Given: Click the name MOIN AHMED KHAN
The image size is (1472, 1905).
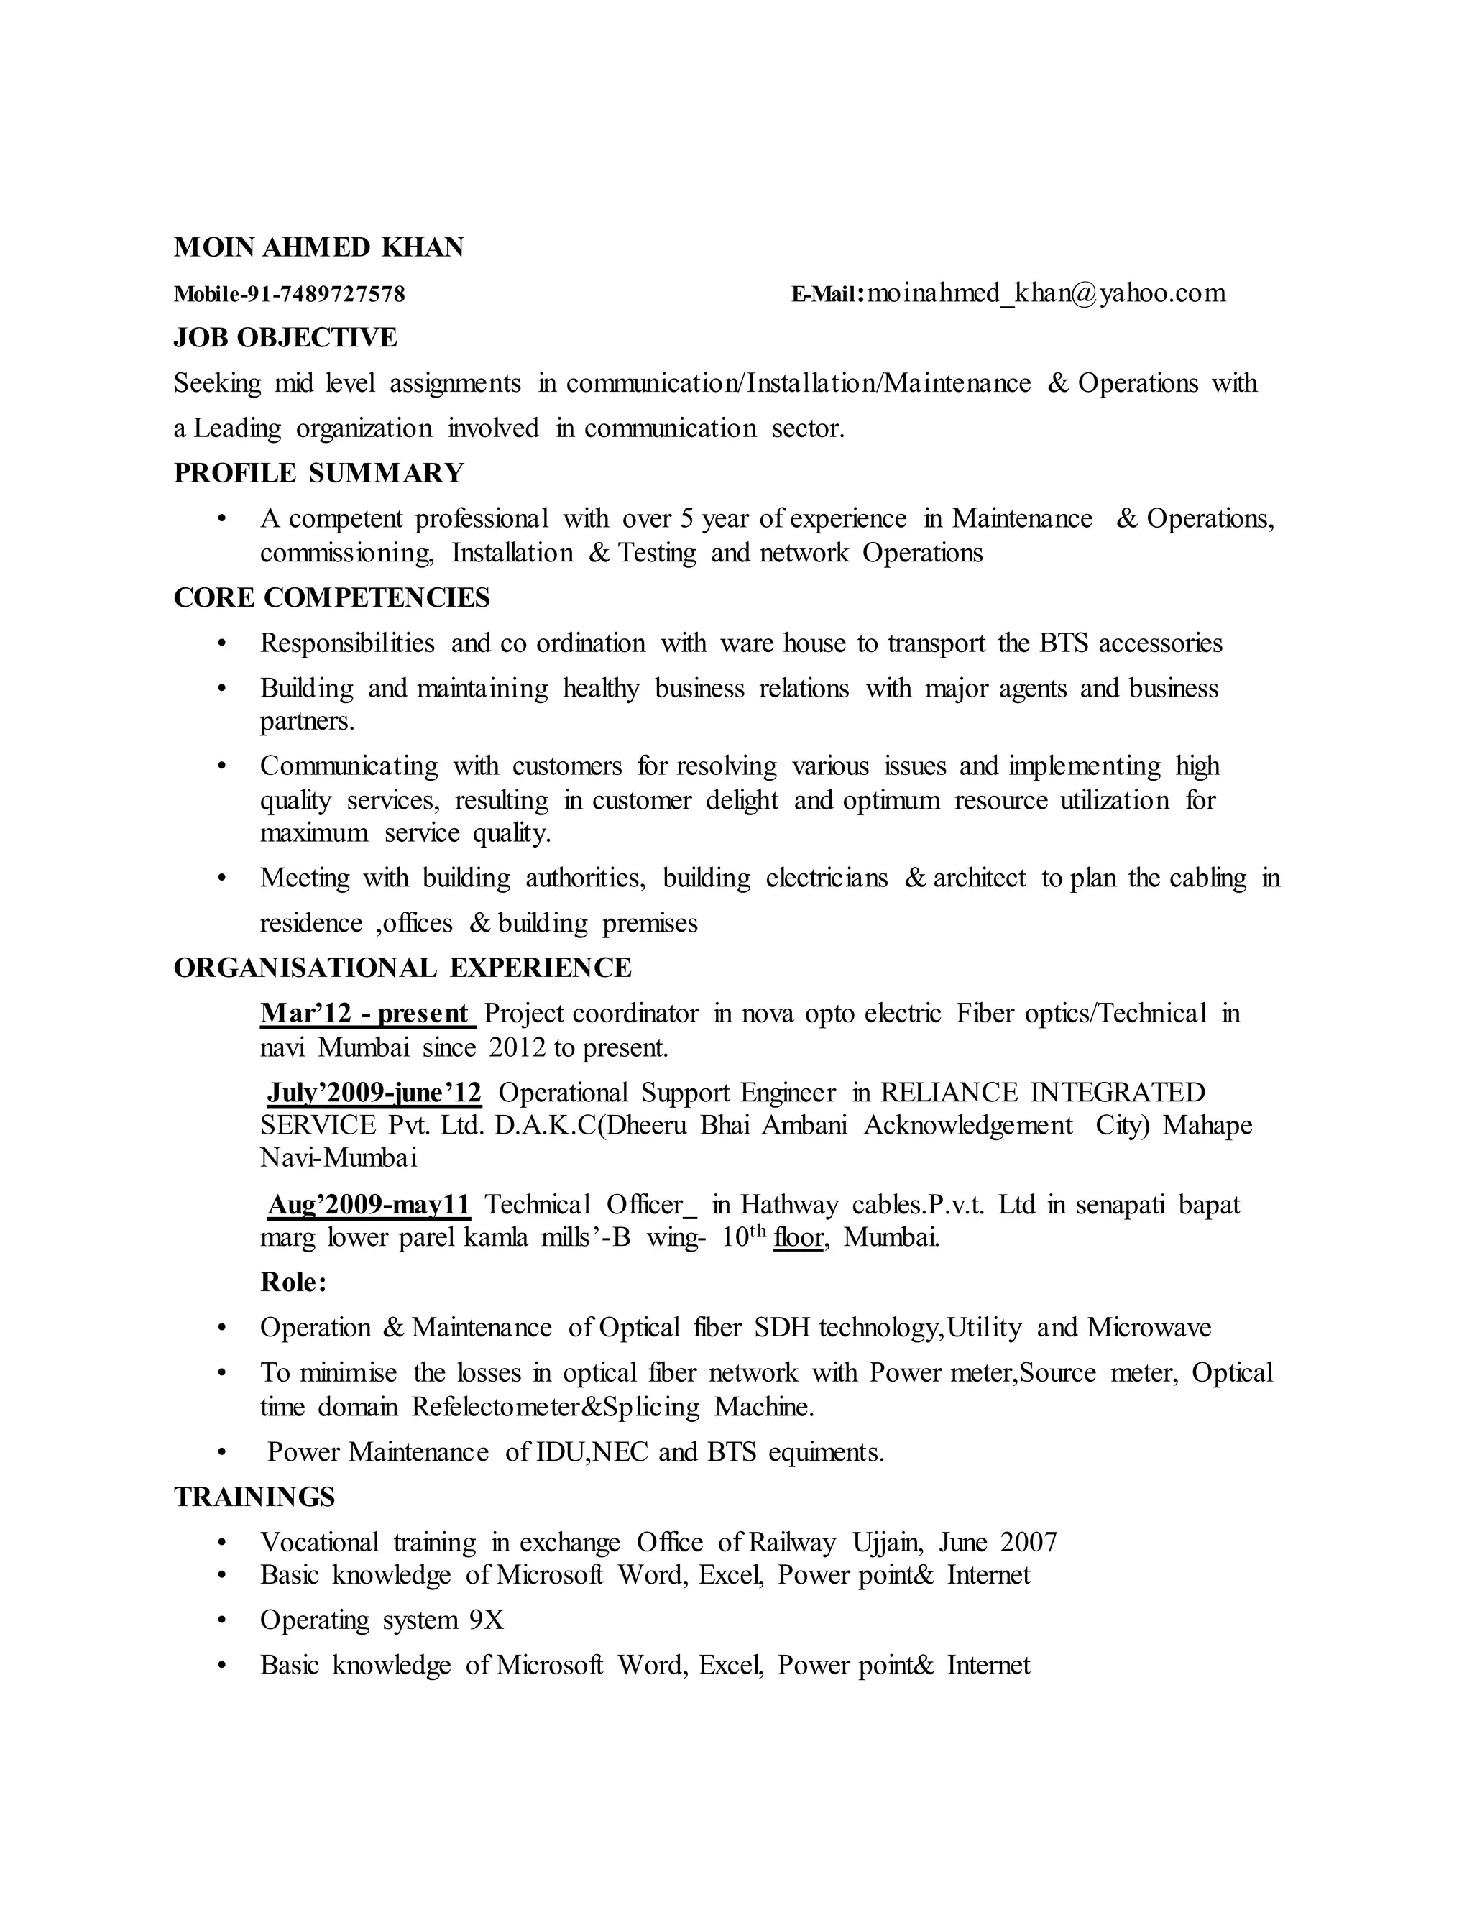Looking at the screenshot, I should click(x=318, y=248).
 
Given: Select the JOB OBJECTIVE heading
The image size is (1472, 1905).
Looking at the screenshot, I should click(x=285, y=338).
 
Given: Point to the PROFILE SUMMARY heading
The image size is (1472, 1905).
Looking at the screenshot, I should click(x=318, y=473).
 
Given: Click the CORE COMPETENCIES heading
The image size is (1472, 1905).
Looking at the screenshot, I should click(x=331, y=597).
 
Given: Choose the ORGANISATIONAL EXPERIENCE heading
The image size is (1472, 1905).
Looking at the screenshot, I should click(x=402, y=968).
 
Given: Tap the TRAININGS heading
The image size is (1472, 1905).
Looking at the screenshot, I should click(x=254, y=1497).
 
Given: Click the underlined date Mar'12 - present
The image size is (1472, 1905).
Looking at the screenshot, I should click(x=365, y=1014).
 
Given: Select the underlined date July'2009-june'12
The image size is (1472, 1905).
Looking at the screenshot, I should click(x=374, y=1093).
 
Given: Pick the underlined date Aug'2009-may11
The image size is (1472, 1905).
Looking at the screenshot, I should click(x=369, y=1205).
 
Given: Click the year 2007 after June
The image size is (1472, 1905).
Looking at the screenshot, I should click(x=1029, y=1542).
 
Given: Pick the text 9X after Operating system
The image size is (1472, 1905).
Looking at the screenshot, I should click(x=487, y=1620).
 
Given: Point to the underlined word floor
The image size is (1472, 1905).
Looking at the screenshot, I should click(x=798, y=1238).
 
